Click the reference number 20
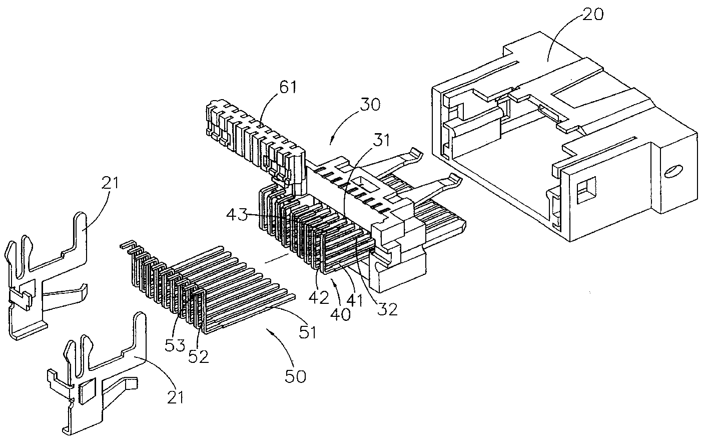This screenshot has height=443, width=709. (592, 14)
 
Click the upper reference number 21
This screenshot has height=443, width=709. (111, 183)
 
